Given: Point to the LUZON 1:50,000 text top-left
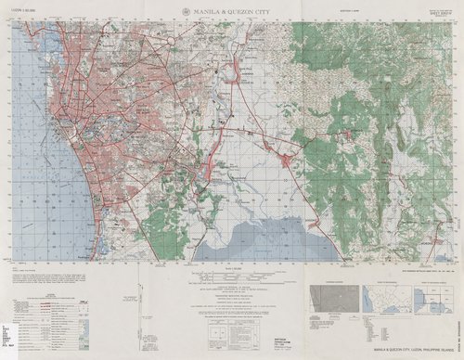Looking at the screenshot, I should coord(29,11).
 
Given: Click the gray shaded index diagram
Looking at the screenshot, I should coord(332,300).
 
